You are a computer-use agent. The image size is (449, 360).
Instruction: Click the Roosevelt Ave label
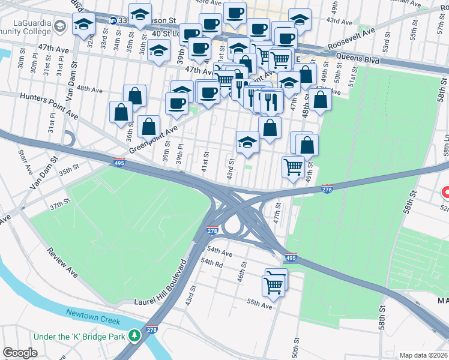click(x=352, y=38)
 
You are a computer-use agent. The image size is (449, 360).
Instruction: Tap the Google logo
click(x=20, y=353)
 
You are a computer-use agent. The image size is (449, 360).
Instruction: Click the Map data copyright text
click(x=423, y=355)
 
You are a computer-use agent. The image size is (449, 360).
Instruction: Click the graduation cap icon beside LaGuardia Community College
click(x=83, y=25)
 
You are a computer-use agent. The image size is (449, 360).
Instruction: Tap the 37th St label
click(x=60, y=205)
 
